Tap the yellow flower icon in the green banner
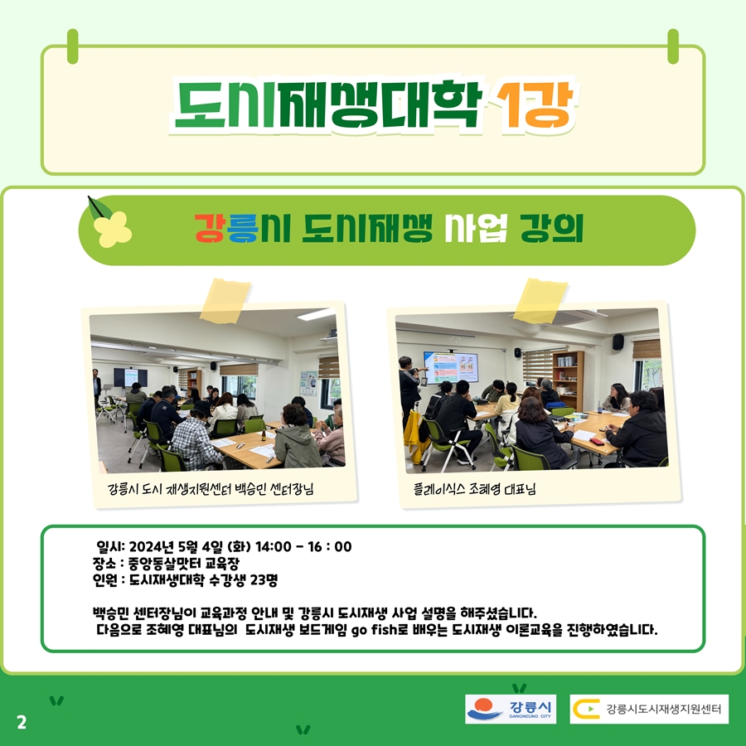click(x=112, y=229)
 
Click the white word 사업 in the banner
click(x=476, y=228)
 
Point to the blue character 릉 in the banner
click(x=242, y=228)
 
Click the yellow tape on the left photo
click(x=225, y=301)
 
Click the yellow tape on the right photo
click(x=540, y=301)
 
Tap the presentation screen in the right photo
click(x=451, y=368)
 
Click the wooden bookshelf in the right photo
click(x=568, y=380)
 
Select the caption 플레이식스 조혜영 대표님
click(x=474, y=488)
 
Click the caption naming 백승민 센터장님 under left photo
click(x=211, y=488)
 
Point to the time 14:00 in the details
click(x=273, y=547)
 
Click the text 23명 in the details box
click(x=264, y=580)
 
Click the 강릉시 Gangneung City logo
click(x=511, y=709)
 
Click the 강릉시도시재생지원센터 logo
click(x=649, y=709)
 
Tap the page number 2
click(x=22, y=722)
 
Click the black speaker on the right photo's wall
click(x=618, y=342)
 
